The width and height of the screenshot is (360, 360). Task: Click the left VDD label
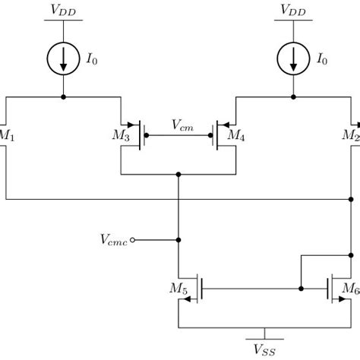tap(64, 10)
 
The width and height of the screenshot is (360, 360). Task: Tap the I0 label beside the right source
tap(323, 59)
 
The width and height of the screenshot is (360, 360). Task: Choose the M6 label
tap(350, 289)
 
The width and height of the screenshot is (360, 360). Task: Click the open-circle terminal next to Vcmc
tap(133, 240)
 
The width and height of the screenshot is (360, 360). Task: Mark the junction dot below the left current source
tap(64, 97)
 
